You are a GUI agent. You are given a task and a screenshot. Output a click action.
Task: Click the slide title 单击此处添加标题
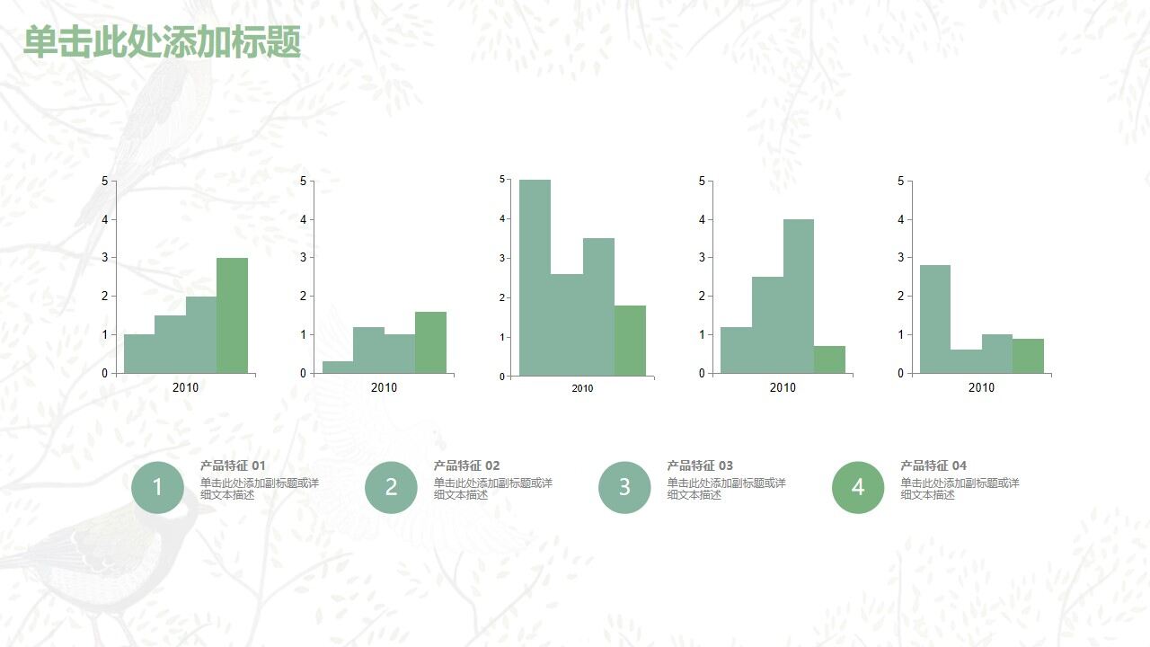[x=162, y=42]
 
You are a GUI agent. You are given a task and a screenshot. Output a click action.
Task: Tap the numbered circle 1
[x=158, y=487]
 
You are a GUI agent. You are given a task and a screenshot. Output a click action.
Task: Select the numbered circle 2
[x=391, y=487]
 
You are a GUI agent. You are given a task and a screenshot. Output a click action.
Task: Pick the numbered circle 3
[x=624, y=487]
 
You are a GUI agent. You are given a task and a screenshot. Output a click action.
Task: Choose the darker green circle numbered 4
[x=858, y=487]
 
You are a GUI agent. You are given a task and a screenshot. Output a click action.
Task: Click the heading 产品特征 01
[x=233, y=465]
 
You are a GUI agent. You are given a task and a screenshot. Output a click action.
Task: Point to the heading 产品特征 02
[x=466, y=465]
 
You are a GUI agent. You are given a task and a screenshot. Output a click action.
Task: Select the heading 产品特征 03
[x=700, y=465]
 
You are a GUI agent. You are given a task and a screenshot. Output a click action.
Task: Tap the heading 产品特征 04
[x=933, y=465]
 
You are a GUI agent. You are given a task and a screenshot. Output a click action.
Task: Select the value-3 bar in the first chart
[x=232, y=315]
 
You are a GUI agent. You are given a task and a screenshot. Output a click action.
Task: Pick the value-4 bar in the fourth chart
[x=798, y=296]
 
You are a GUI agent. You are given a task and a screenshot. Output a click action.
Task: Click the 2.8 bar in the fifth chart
[x=934, y=319]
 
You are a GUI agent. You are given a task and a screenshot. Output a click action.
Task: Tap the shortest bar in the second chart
[x=337, y=367]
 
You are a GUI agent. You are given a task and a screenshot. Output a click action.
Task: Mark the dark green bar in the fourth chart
[x=829, y=359]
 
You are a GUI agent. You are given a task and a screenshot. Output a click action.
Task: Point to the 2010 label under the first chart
[x=185, y=387]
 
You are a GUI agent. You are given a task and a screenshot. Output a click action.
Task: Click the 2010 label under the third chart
[x=582, y=388]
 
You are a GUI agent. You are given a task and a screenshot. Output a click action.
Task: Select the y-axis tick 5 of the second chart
[x=303, y=181]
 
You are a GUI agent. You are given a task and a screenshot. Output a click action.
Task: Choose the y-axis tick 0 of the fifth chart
[x=900, y=373]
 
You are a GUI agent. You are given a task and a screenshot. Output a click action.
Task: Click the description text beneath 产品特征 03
[x=726, y=489]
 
